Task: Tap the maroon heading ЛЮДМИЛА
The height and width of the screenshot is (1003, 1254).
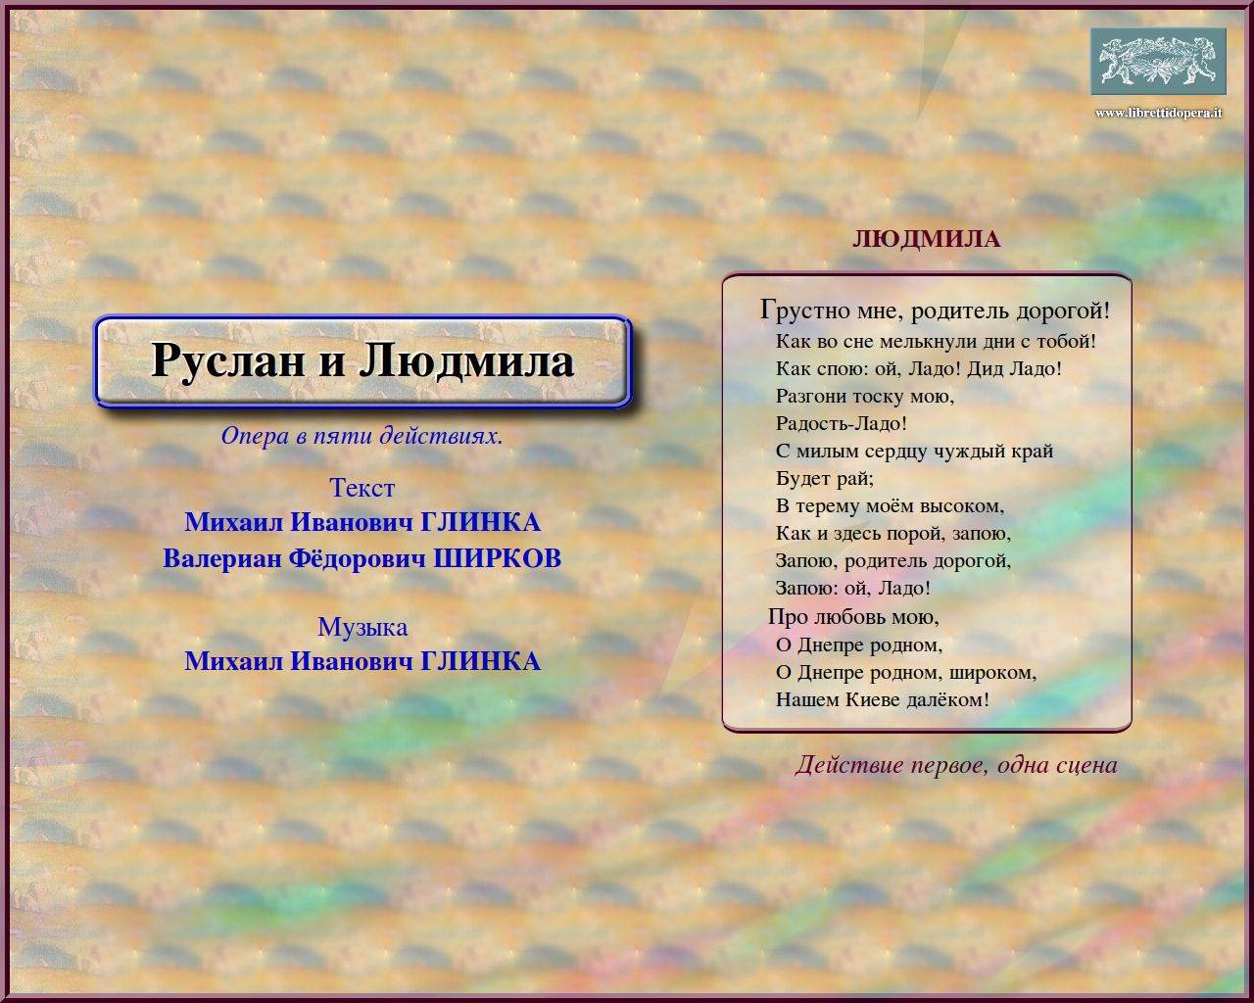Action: [927, 240]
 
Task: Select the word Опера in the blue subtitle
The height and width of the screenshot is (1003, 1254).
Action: [256, 436]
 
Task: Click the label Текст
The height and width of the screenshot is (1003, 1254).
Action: [362, 487]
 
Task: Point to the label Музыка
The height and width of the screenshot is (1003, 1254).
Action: [362, 627]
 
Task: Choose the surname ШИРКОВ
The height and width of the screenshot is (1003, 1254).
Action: [497, 558]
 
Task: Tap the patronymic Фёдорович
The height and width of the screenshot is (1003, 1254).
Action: [358, 558]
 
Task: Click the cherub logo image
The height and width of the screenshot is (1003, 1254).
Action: [1158, 61]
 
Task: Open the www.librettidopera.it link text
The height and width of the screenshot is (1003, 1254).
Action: [1158, 113]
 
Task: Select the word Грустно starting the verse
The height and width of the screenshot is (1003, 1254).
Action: [804, 311]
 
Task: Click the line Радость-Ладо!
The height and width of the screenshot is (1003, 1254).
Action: [842, 424]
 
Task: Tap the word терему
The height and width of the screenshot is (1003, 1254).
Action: [828, 506]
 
